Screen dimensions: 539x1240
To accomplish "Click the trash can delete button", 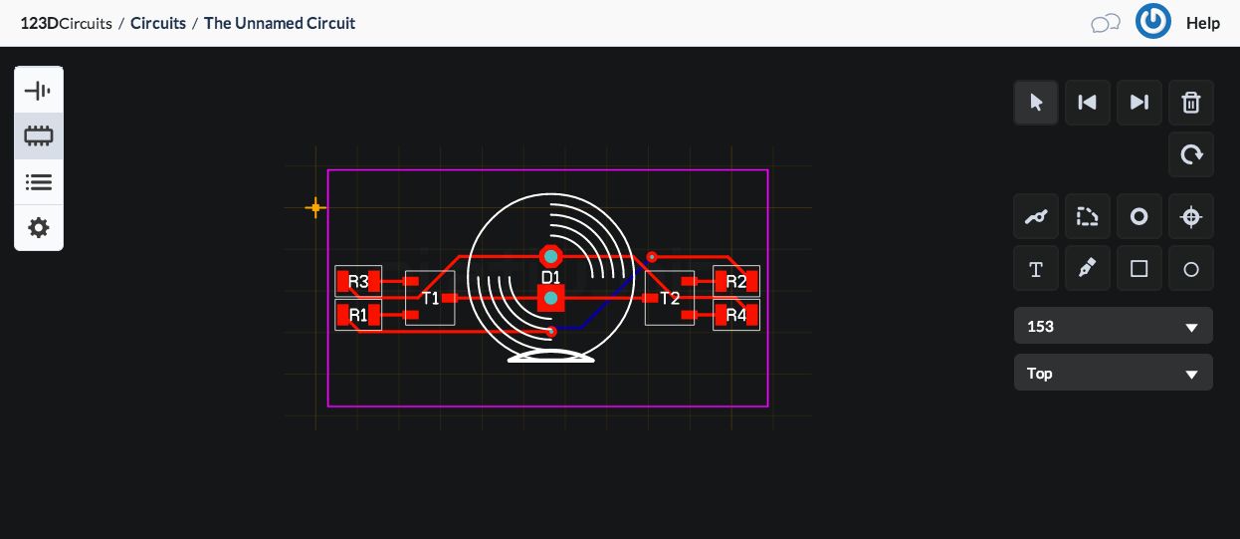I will (1190, 103).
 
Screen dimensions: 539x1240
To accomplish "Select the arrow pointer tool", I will (1036, 103).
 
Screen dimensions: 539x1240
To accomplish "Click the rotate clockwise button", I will (1190, 154).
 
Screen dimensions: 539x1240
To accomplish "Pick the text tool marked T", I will (1036, 269).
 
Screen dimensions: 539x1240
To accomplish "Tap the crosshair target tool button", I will (1190, 216).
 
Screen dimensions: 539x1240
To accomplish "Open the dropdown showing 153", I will (1113, 327).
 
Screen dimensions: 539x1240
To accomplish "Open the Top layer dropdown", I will (1113, 374).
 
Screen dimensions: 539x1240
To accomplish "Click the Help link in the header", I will (1202, 23).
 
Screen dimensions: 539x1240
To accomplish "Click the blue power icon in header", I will (1152, 22).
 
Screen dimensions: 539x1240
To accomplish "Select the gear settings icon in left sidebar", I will (39, 228).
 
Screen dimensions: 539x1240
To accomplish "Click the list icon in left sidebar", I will (39, 182).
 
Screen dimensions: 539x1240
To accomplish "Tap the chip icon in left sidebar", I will (39, 136).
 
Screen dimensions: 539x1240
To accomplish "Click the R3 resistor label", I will (358, 282).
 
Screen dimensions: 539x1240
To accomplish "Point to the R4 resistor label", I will (736, 315).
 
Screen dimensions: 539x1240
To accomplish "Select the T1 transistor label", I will (430, 298).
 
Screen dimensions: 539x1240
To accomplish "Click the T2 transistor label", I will (670, 298).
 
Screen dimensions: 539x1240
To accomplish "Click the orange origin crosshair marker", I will (315, 207).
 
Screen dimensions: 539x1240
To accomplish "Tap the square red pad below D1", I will (550, 298).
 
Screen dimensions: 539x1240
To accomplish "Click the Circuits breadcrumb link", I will (158, 23).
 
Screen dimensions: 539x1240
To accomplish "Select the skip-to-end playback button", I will (1138, 103).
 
